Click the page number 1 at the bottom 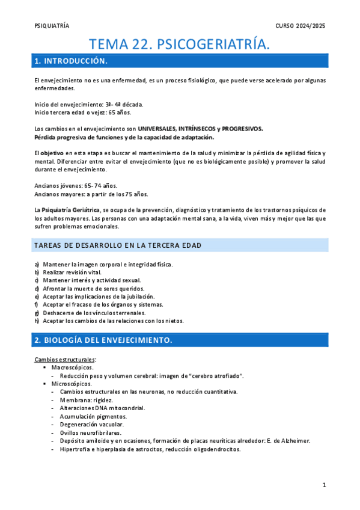(323, 485)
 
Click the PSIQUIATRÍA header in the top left (52, 26)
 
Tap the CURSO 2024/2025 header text (301, 26)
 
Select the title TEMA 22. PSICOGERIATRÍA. (180, 44)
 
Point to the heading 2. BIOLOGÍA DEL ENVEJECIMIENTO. (103, 340)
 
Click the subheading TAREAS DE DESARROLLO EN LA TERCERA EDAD (118, 245)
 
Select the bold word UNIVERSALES (160, 129)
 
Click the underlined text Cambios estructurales (65, 359)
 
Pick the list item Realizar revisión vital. (72, 272)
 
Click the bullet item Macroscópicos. (72, 367)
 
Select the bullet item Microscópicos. (72, 383)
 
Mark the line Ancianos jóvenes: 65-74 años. (76, 186)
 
